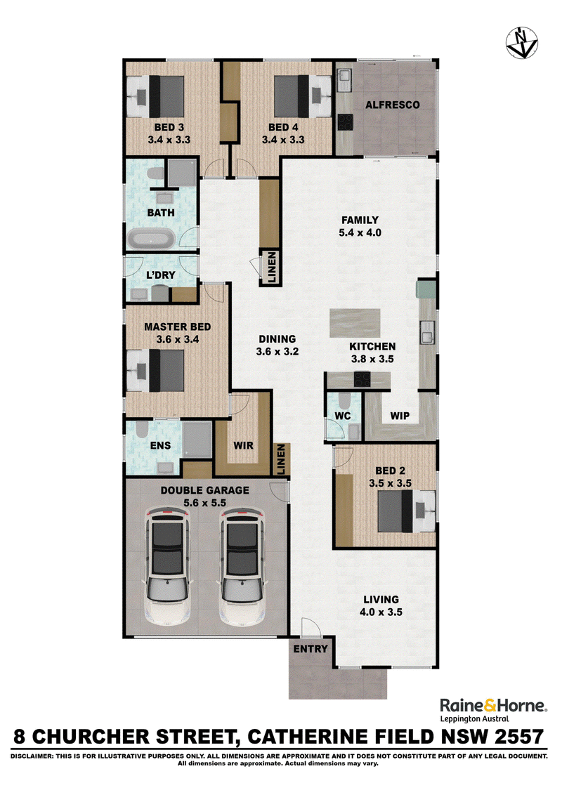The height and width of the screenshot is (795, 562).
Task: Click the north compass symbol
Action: (x=521, y=43)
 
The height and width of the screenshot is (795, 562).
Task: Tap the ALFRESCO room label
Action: (x=393, y=105)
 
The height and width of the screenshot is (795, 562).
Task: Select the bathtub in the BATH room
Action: (x=151, y=239)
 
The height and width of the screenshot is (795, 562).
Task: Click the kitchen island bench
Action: (x=355, y=323)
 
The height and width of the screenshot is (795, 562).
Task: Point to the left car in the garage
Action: (x=168, y=566)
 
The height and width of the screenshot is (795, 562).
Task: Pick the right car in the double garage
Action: (x=242, y=566)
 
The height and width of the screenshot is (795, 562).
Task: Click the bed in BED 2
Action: (x=406, y=511)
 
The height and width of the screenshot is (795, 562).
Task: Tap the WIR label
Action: (x=244, y=445)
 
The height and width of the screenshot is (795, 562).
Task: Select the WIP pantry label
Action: (x=400, y=416)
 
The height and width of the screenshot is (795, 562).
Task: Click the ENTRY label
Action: (x=311, y=648)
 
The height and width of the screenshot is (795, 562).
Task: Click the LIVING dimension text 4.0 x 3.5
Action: (x=381, y=612)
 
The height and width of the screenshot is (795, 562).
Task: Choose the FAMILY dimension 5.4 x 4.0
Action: (x=360, y=232)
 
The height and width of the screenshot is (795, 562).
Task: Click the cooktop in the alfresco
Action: (x=346, y=121)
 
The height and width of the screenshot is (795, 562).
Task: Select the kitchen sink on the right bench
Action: (x=427, y=332)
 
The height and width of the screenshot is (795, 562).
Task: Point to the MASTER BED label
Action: (x=178, y=327)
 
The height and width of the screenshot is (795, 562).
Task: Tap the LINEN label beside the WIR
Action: (x=282, y=459)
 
